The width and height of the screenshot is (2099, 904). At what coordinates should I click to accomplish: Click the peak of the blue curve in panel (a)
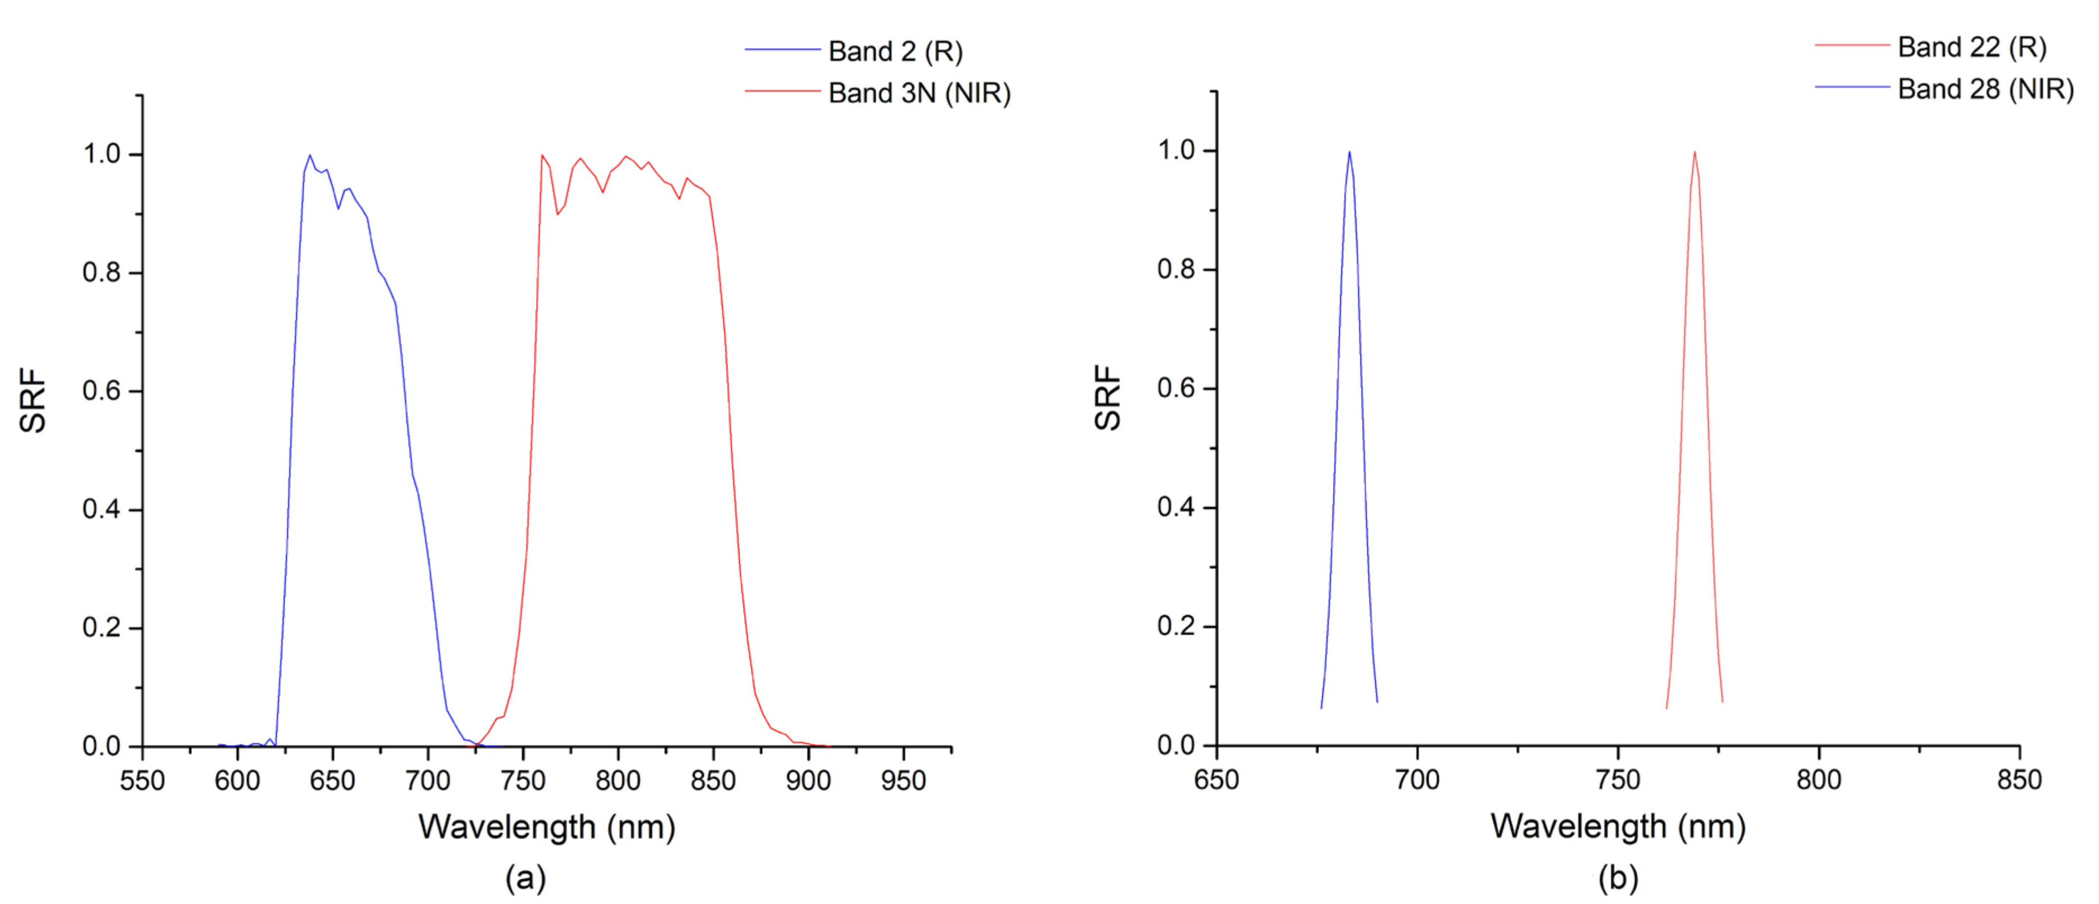(x=310, y=155)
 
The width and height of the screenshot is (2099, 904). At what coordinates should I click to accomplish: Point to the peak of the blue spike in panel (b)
(x=1349, y=151)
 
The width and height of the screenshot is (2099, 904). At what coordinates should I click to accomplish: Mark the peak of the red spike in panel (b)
(x=1695, y=151)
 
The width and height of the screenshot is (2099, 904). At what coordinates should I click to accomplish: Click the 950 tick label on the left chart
(x=903, y=781)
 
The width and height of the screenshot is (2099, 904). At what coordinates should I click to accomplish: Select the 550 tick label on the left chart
(x=143, y=781)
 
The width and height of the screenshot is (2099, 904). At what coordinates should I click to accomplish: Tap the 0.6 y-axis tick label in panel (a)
(x=101, y=391)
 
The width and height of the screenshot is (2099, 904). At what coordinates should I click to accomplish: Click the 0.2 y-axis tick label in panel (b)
(x=1176, y=626)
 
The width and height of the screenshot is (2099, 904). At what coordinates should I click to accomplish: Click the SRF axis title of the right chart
(x=1108, y=397)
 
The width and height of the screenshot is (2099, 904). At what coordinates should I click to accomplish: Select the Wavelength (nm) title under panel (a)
(x=547, y=828)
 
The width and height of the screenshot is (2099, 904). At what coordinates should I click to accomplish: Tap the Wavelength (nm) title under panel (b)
(x=1618, y=826)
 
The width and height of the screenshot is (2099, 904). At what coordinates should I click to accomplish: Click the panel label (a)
(x=525, y=878)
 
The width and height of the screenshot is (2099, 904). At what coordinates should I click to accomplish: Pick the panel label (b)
(x=1618, y=878)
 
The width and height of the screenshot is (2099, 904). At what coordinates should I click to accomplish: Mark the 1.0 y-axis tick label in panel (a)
(x=101, y=154)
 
